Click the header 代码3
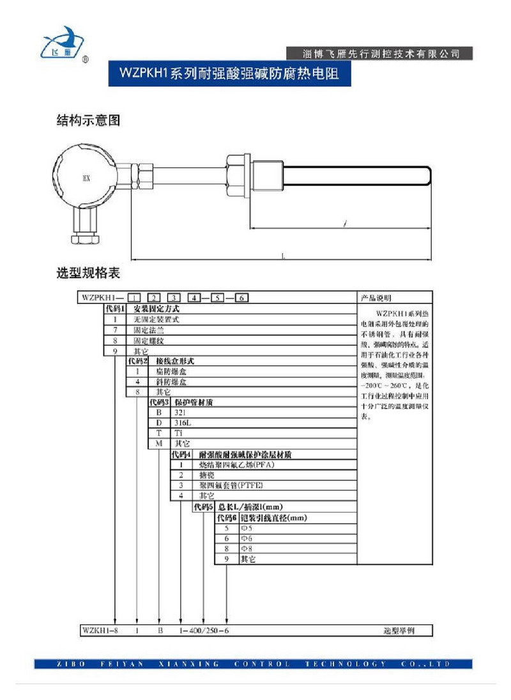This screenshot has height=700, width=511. (158, 402)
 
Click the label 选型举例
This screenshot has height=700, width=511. (399, 630)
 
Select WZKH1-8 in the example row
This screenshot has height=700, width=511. (97, 630)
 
